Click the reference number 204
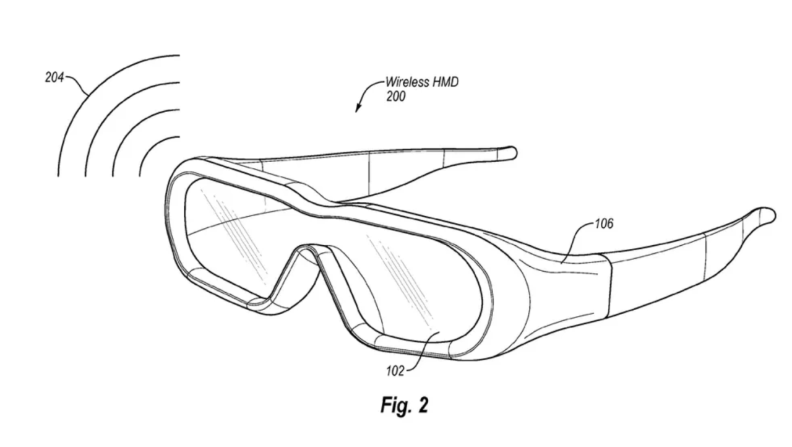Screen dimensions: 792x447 point(54,77)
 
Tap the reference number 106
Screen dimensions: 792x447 point(604,223)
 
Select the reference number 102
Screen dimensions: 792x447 point(395,371)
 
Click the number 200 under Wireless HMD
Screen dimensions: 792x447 point(395,96)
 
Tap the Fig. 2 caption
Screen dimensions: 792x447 point(404,406)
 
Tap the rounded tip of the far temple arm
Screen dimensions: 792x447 point(511,153)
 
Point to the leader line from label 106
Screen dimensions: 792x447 point(575,240)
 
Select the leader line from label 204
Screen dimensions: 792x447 point(78,85)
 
